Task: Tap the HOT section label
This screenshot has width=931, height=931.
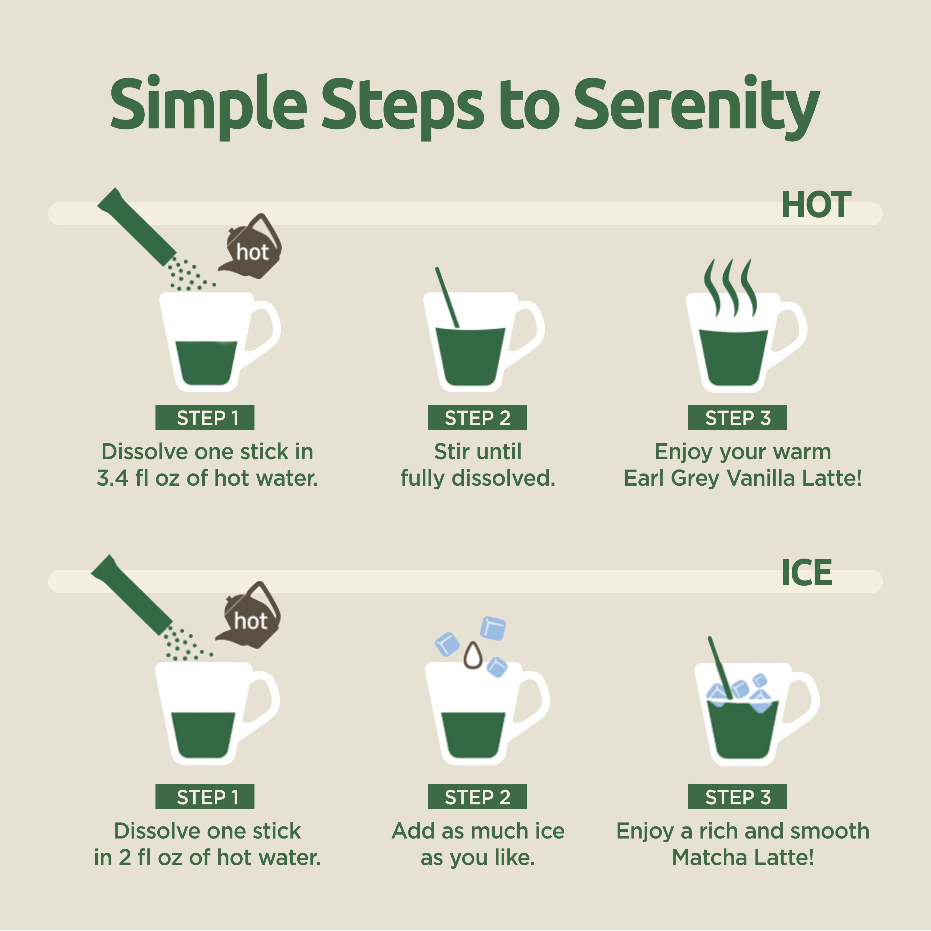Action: click(816, 205)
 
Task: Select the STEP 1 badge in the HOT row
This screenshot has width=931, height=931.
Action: click(205, 417)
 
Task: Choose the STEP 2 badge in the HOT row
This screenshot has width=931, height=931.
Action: click(477, 417)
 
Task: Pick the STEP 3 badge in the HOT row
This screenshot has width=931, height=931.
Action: click(738, 417)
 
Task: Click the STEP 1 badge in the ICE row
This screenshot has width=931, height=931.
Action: click(205, 797)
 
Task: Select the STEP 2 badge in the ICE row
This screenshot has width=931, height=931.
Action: click(477, 797)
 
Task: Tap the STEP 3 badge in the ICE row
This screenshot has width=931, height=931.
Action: click(738, 797)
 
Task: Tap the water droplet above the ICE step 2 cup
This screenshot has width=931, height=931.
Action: click(473, 655)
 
